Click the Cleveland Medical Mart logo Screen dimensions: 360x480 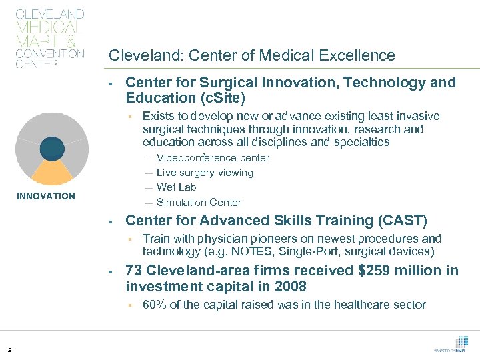[x=49, y=38]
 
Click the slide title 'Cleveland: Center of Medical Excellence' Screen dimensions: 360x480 [x=252, y=55]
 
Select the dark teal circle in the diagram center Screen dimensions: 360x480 [x=53, y=148]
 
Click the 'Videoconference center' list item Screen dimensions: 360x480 [x=213, y=158]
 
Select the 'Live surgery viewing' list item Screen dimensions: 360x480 [x=205, y=173]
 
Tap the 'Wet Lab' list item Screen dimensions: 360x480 [x=176, y=187]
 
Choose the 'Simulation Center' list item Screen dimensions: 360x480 [x=199, y=202]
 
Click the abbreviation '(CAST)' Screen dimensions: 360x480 [x=401, y=221]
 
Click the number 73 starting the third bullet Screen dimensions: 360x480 [x=134, y=271]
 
